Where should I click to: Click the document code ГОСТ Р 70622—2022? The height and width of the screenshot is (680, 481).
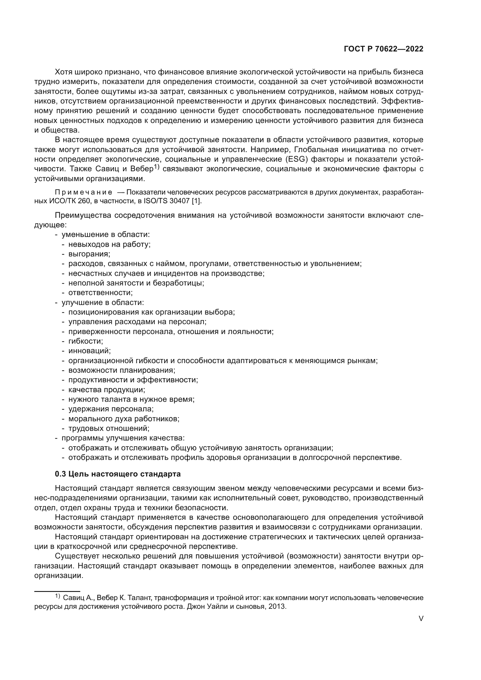click(x=383, y=49)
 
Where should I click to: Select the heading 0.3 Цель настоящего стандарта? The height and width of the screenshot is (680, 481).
click(x=117, y=474)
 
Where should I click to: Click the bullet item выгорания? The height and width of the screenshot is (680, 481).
click(x=89, y=254)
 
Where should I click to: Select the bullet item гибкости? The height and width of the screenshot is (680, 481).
click(x=85, y=341)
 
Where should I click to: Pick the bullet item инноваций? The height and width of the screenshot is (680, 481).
click(x=90, y=351)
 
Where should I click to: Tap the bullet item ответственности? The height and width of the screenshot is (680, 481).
click(x=100, y=293)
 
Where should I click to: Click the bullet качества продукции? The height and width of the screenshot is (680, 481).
click(x=107, y=390)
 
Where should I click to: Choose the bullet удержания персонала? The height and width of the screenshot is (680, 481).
click(x=111, y=409)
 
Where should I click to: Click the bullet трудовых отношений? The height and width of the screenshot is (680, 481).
click(x=109, y=428)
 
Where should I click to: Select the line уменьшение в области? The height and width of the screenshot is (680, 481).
click(x=106, y=235)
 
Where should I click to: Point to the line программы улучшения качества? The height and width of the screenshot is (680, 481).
click(x=123, y=438)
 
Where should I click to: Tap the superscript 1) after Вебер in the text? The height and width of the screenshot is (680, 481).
click(x=157, y=167)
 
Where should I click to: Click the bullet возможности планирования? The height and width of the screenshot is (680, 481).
click(x=122, y=370)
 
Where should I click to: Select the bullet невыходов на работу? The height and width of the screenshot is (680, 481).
click(x=109, y=244)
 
